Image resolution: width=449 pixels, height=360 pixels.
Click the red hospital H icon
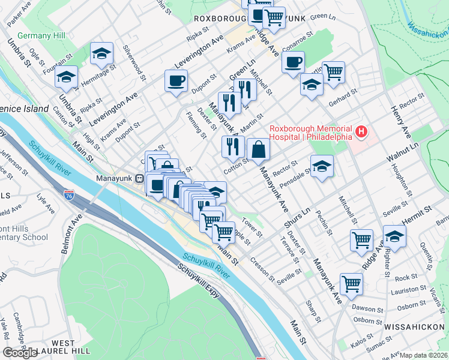361,131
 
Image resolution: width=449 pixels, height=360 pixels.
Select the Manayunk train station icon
139,178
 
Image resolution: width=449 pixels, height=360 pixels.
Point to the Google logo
20,353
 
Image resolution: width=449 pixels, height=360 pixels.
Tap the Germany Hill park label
41,36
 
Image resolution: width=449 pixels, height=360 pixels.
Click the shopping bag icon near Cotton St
258,150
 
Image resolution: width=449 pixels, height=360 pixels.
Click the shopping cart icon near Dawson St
351,283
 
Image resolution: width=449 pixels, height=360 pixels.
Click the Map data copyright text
424,355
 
